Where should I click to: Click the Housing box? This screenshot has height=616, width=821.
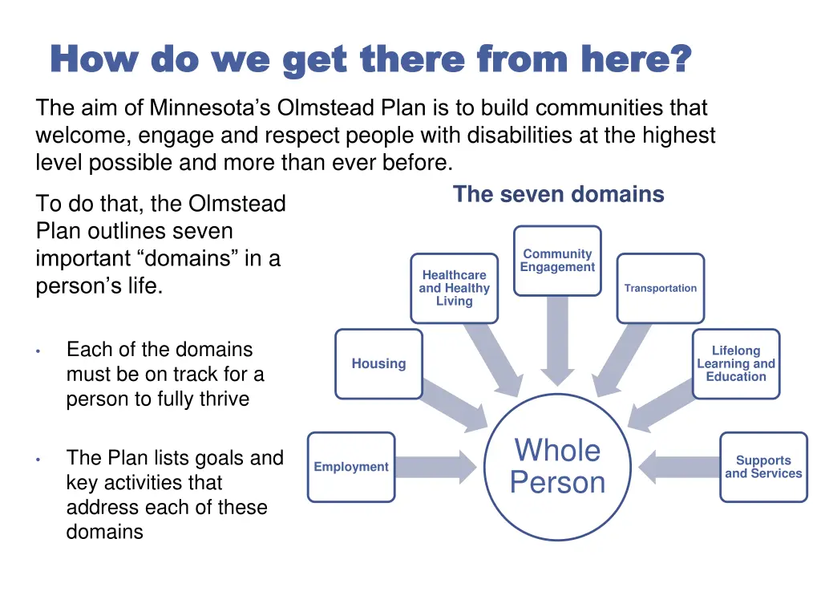point(378,363)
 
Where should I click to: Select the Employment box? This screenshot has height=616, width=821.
point(351,467)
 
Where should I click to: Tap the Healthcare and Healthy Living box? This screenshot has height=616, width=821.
point(454,288)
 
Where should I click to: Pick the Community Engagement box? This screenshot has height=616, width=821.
point(557,261)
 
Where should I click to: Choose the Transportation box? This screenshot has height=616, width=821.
point(661,288)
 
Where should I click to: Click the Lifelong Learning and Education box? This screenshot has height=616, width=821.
point(736,363)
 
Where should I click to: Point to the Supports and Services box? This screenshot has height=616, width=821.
point(763,467)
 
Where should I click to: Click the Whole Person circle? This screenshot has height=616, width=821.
point(558,467)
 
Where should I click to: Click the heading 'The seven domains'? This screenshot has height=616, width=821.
point(558,194)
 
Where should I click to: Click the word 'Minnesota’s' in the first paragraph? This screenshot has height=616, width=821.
point(200,107)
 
